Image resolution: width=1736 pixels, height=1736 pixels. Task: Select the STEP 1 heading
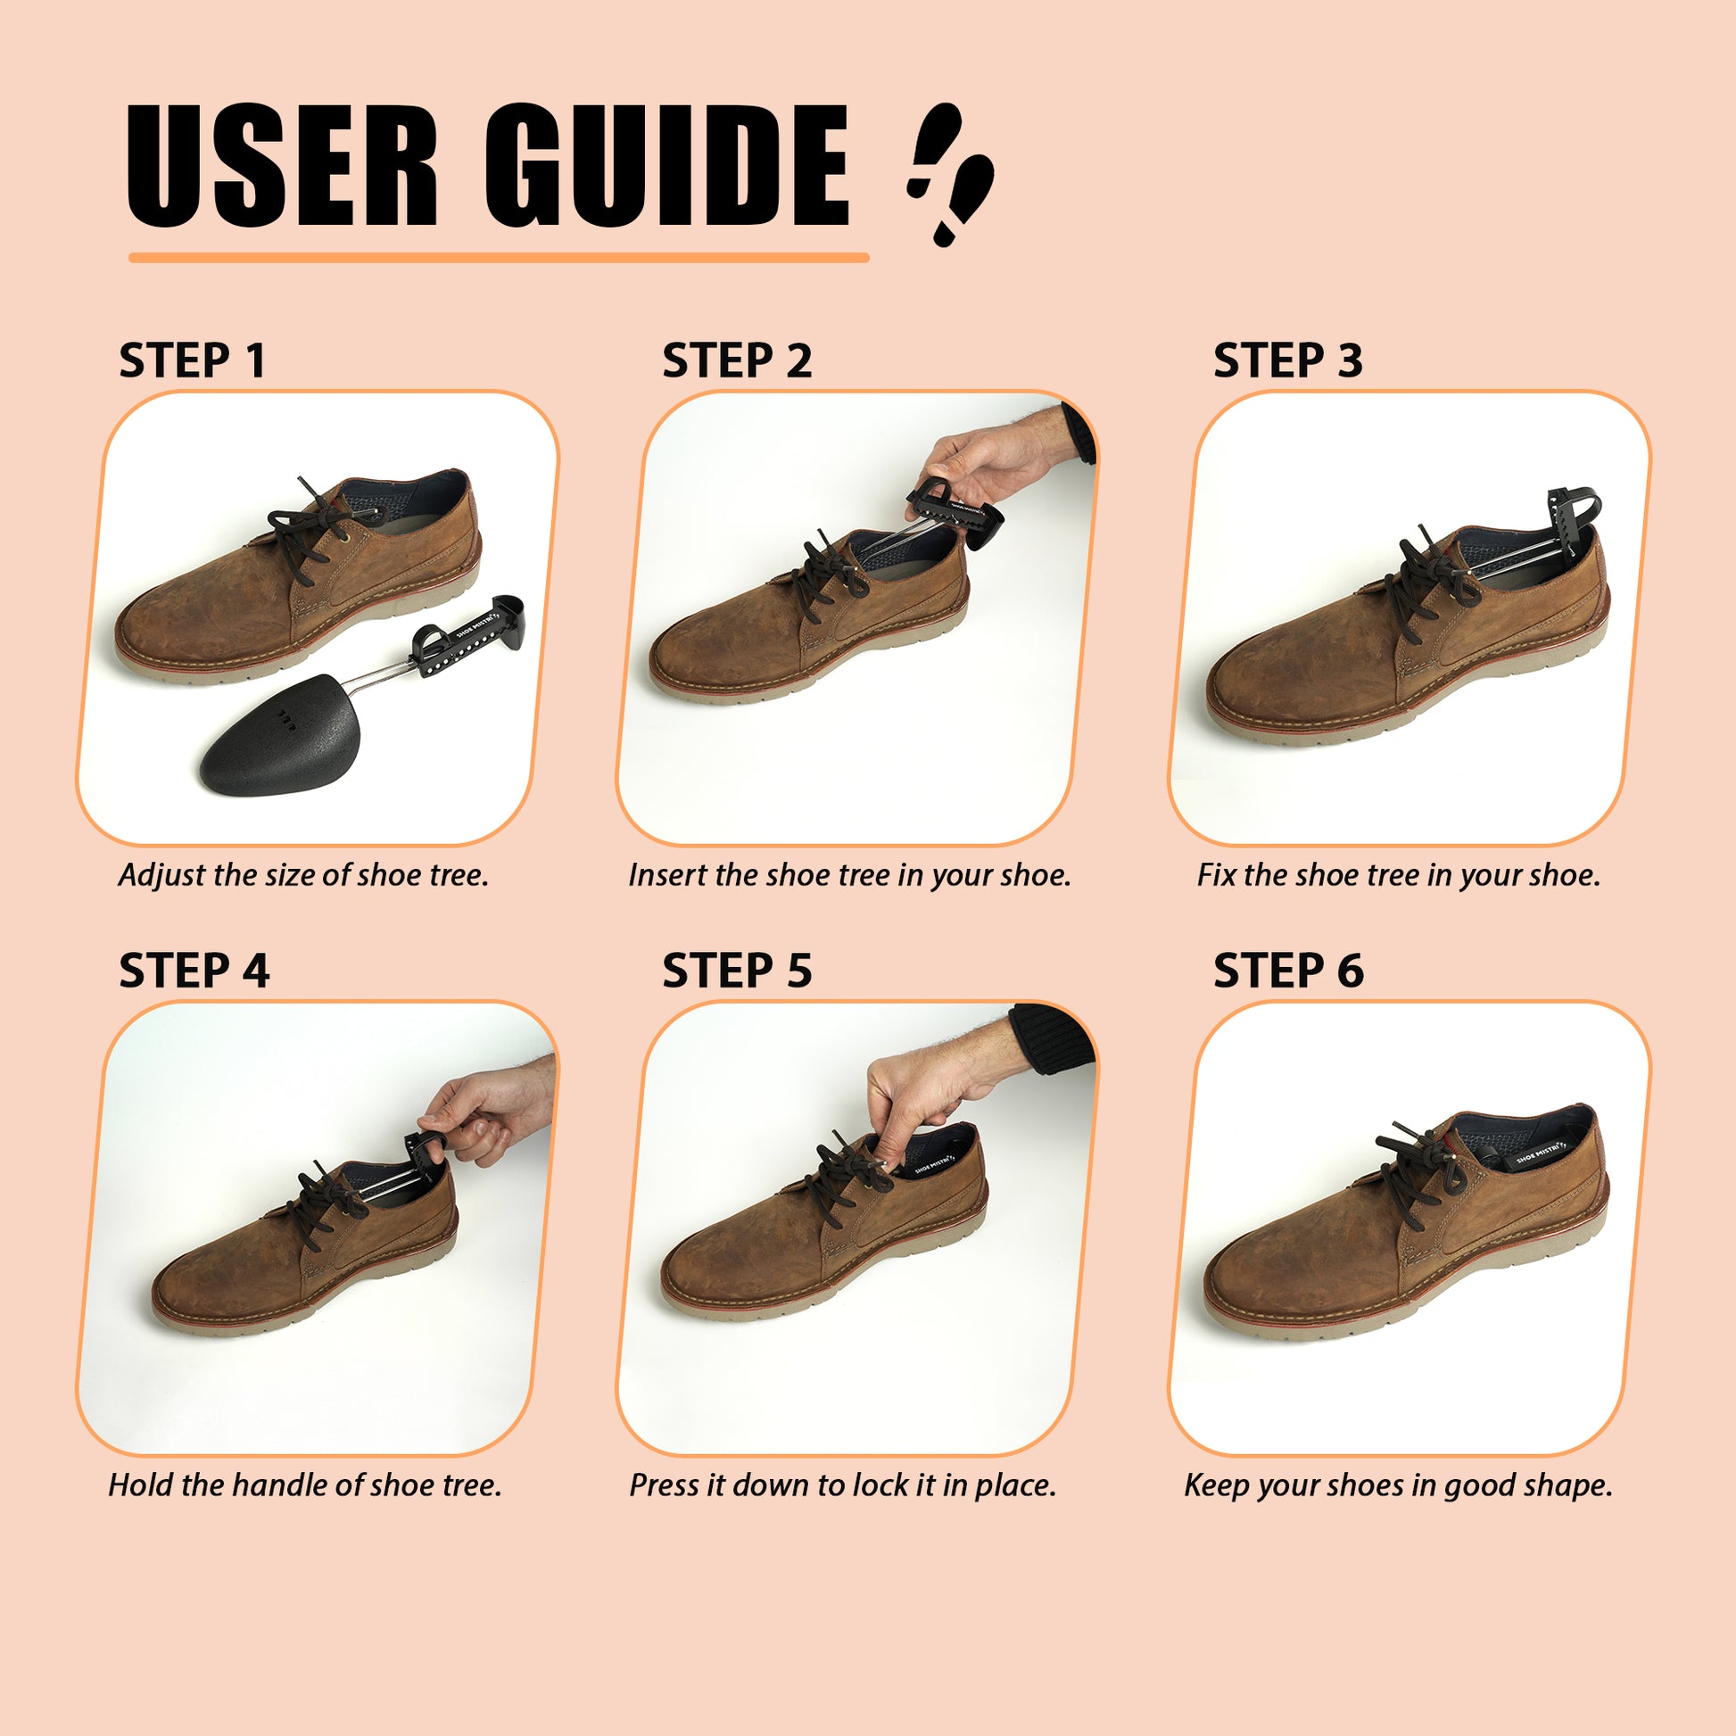(x=193, y=361)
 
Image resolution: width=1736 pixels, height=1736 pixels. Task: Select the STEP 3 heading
(x=1287, y=361)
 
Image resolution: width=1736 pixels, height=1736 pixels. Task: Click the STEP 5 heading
(x=737, y=971)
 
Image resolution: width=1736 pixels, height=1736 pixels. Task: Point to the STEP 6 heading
(x=1287, y=971)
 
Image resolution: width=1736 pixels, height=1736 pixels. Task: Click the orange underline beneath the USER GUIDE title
(x=499, y=258)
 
